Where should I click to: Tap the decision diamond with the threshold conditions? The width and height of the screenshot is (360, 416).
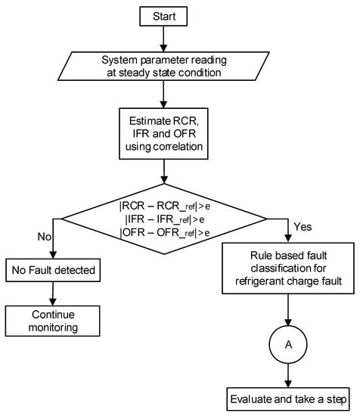tap(163, 219)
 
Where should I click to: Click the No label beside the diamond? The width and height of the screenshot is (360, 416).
tap(44, 236)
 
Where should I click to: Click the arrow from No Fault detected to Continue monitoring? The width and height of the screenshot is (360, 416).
tap(52, 290)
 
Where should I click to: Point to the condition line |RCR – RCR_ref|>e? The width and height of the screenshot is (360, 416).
tap(163, 203)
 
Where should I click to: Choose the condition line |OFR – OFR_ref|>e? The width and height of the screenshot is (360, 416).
tap(163, 233)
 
